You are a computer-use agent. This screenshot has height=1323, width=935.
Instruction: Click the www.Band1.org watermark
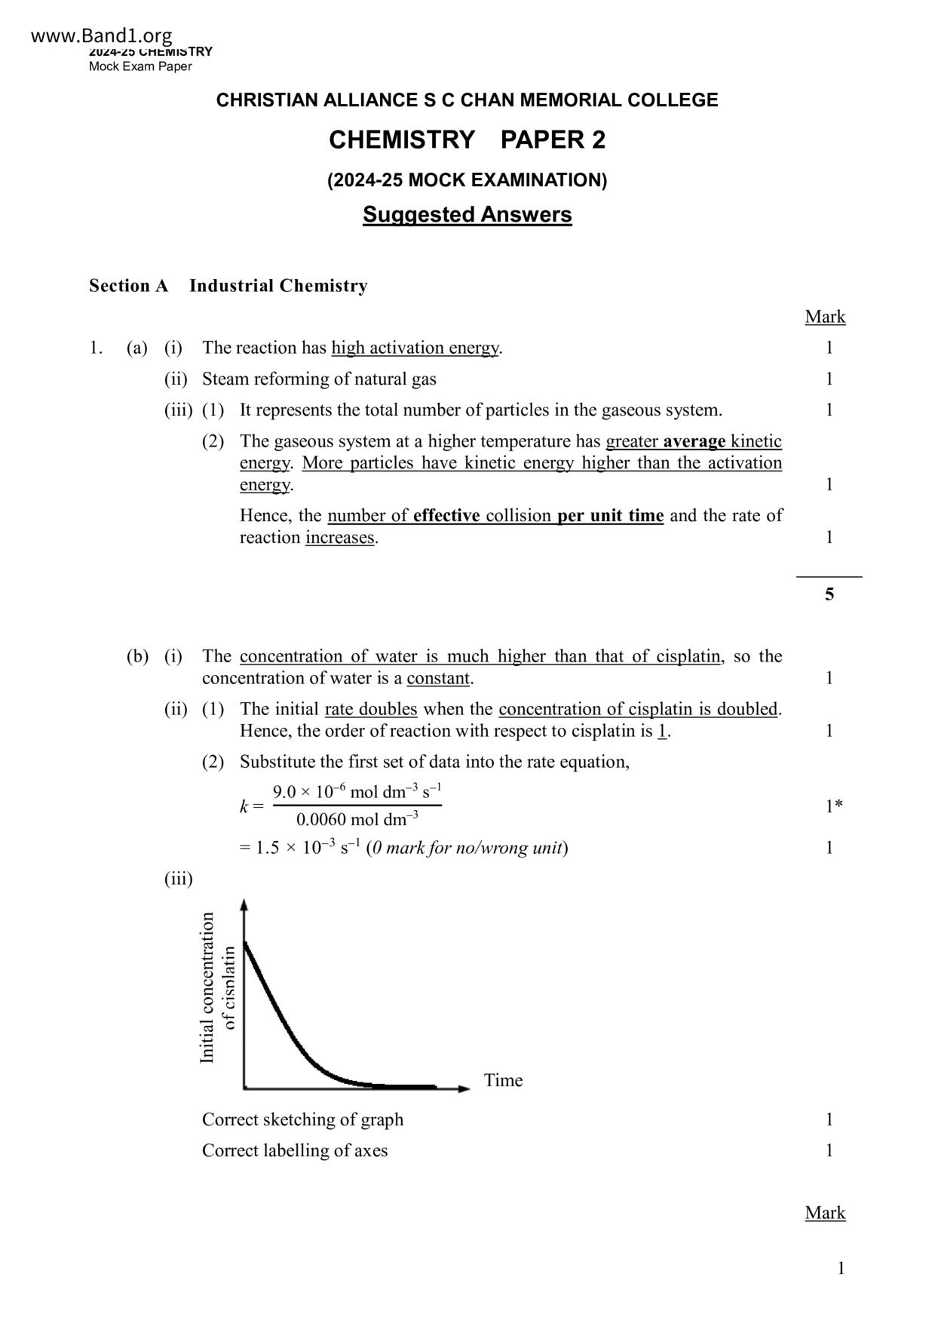click(x=102, y=35)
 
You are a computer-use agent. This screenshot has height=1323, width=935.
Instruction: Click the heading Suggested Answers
click(x=467, y=215)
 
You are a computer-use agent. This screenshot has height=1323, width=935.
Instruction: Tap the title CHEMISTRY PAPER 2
click(x=467, y=140)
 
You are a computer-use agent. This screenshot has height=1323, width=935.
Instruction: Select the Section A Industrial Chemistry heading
click(x=228, y=286)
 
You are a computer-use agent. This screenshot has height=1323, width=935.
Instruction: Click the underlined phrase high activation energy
click(x=415, y=348)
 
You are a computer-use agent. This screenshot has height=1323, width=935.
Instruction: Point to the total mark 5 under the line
click(x=829, y=594)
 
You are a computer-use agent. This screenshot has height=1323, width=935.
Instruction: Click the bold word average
click(x=694, y=441)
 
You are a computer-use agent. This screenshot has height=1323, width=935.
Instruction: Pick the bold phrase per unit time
click(x=610, y=516)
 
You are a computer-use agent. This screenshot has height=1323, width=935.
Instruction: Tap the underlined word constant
click(x=438, y=678)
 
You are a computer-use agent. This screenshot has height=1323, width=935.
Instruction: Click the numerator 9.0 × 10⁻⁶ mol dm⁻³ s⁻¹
click(x=357, y=792)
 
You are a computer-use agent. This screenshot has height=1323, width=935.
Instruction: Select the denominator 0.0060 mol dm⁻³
click(x=357, y=819)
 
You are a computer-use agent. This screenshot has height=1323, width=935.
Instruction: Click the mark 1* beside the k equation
click(x=833, y=806)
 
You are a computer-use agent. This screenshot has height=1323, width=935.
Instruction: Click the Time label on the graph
click(x=503, y=1080)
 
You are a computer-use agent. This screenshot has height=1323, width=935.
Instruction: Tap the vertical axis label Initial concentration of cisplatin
click(x=217, y=988)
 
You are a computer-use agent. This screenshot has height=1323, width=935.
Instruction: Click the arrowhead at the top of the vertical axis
click(x=244, y=904)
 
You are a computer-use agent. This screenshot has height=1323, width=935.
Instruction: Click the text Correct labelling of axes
click(x=295, y=1150)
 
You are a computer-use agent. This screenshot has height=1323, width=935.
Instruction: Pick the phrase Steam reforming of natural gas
click(x=319, y=379)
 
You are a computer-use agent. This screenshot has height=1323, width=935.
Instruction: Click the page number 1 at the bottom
click(x=841, y=1268)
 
